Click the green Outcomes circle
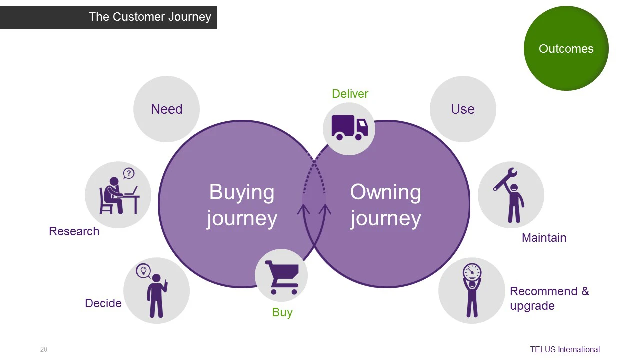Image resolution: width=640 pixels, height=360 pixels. pyautogui.click(x=566, y=48)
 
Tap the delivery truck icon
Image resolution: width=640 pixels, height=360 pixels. pyautogui.click(x=349, y=127)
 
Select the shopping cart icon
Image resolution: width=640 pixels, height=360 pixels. pyautogui.click(x=282, y=277)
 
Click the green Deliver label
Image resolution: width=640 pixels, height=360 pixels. pyautogui.click(x=350, y=94)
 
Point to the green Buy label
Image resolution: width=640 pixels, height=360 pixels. pyautogui.click(x=282, y=312)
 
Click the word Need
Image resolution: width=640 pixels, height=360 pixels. pyautogui.click(x=167, y=109)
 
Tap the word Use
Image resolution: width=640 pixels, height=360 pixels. pyautogui.click(x=463, y=109)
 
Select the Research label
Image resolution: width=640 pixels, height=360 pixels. pyautogui.click(x=74, y=231)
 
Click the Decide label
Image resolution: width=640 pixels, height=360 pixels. pyautogui.click(x=103, y=303)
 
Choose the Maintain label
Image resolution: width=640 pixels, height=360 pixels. pyautogui.click(x=544, y=238)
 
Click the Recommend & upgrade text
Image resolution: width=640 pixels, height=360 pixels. pyautogui.click(x=549, y=299)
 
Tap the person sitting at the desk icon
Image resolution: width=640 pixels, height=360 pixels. pyautogui.click(x=119, y=195)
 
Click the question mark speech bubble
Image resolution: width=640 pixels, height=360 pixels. pyautogui.click(x=129, y=173)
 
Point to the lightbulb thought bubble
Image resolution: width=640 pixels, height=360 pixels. pyautogui.click(x=143, y=270)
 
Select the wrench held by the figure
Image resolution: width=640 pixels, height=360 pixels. pyautogui.click(x=505, y=179)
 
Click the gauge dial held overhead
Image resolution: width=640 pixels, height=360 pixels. pyautogui.click(x=472, y=271)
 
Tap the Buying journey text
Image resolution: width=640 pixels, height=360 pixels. pyautogui.click(x=242, y=205)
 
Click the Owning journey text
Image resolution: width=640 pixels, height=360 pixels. pyautogui.click(x=385, y=205)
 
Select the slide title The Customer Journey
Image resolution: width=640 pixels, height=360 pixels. pyautogui.click(x=150, y=17)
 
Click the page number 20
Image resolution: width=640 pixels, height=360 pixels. pyautogui.click(x=43, y=349)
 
